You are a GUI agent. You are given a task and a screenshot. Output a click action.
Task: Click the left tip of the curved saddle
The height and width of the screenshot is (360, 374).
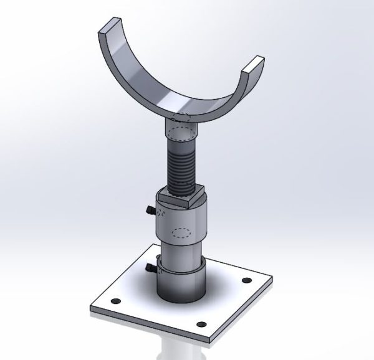(106, 26)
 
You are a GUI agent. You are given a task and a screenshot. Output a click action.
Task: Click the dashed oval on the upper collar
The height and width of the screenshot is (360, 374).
(181, 233)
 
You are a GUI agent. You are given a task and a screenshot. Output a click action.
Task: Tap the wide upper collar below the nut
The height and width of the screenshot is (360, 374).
(180, 224)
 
